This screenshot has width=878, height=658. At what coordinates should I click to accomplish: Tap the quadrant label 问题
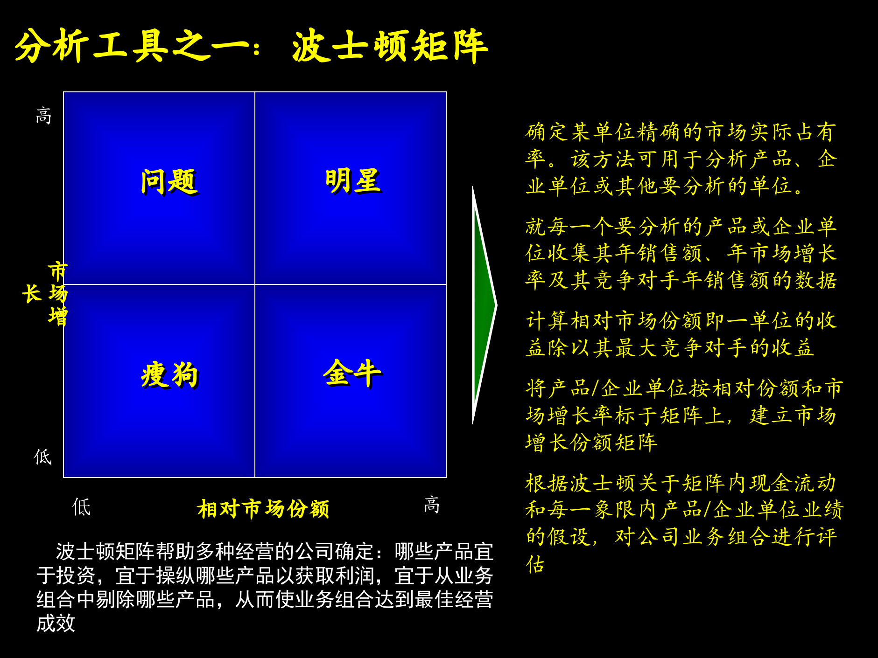pos(169,181)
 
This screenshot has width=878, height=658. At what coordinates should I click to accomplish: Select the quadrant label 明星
pos(353,180)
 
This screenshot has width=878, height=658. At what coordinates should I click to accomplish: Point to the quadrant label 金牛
pos(352,373)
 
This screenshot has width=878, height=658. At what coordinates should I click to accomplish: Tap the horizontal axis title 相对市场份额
pos(263,509)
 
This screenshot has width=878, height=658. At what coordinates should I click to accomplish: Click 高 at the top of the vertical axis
pos(43,115)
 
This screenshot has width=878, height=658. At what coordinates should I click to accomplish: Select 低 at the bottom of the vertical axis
pos(43,457)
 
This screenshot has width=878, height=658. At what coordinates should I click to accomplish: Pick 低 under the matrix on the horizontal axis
pos(82,507)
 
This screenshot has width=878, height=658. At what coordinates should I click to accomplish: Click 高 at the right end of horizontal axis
pos(432,505)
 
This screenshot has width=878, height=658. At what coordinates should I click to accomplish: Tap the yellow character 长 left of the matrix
pos(32,294)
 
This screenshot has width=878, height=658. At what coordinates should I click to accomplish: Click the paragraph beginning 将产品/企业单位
pos(683,415)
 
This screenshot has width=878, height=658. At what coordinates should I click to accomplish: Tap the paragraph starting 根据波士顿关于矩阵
pos(683,510)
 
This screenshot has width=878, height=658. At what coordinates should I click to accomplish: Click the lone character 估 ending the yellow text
pos(535,564)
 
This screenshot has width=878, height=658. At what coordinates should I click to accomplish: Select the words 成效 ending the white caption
pos(56,623)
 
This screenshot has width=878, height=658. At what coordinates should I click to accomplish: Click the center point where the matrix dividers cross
pos(255,284)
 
